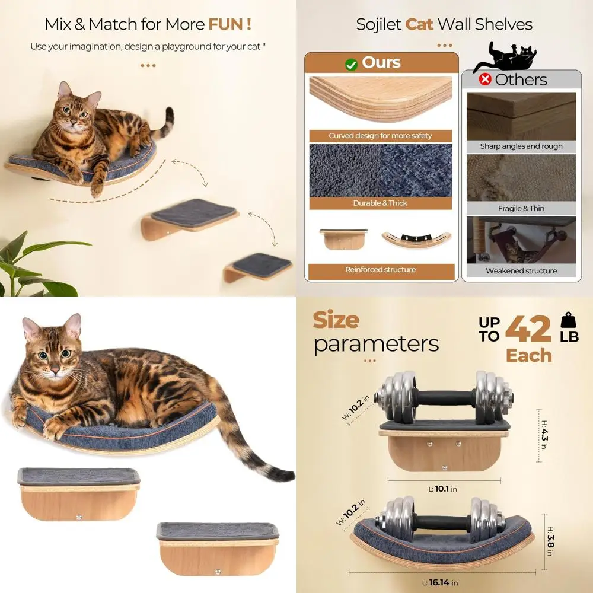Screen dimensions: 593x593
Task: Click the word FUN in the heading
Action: (229, 24)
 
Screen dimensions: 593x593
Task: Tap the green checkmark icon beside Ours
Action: (352, 64)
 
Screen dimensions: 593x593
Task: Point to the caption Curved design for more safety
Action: (381, 136)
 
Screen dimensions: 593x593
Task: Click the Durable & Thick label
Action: (381, 203)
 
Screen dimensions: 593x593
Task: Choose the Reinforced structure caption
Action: (381, 270)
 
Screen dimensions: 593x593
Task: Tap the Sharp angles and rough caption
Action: (521, 146)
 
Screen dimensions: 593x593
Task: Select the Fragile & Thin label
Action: (521, 209)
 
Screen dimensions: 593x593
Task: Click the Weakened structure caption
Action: (521, 271)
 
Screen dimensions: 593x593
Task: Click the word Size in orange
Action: (336, 320)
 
